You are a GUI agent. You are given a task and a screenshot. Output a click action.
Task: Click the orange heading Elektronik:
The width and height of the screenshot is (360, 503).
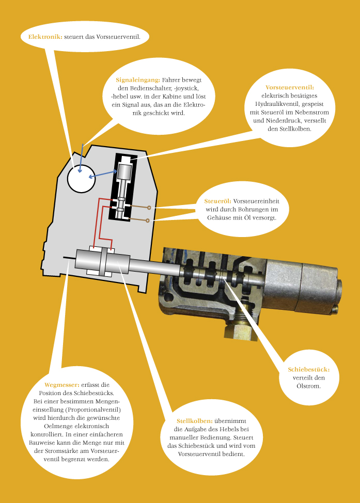coord(45,37)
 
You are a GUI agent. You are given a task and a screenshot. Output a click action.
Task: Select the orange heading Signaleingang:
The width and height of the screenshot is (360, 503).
coord(138,80)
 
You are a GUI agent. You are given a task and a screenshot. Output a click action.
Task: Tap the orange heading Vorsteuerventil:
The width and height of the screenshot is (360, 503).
coord(290,87)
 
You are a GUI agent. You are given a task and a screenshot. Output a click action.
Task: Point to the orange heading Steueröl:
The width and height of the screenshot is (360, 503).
coord(217,201)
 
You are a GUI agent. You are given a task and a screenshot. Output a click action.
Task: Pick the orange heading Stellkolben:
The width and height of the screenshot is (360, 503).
coord(194,421)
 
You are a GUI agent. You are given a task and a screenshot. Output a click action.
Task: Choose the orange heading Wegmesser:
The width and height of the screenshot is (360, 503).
coord(62,385)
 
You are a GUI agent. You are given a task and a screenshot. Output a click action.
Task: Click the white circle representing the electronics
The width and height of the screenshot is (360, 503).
coord(82,178)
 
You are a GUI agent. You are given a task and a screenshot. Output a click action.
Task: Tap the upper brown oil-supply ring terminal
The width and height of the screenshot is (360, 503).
coord(149,208)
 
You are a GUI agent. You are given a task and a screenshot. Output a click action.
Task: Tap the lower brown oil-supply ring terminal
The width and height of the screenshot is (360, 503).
coord(147,221)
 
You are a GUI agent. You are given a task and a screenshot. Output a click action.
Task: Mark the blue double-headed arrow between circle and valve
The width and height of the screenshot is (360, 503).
coord(103,174)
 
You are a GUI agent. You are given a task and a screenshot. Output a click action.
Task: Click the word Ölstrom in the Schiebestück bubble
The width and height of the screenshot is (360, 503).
coord(309,386)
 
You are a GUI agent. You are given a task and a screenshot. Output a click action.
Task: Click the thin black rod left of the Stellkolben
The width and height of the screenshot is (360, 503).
coord(69,257)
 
